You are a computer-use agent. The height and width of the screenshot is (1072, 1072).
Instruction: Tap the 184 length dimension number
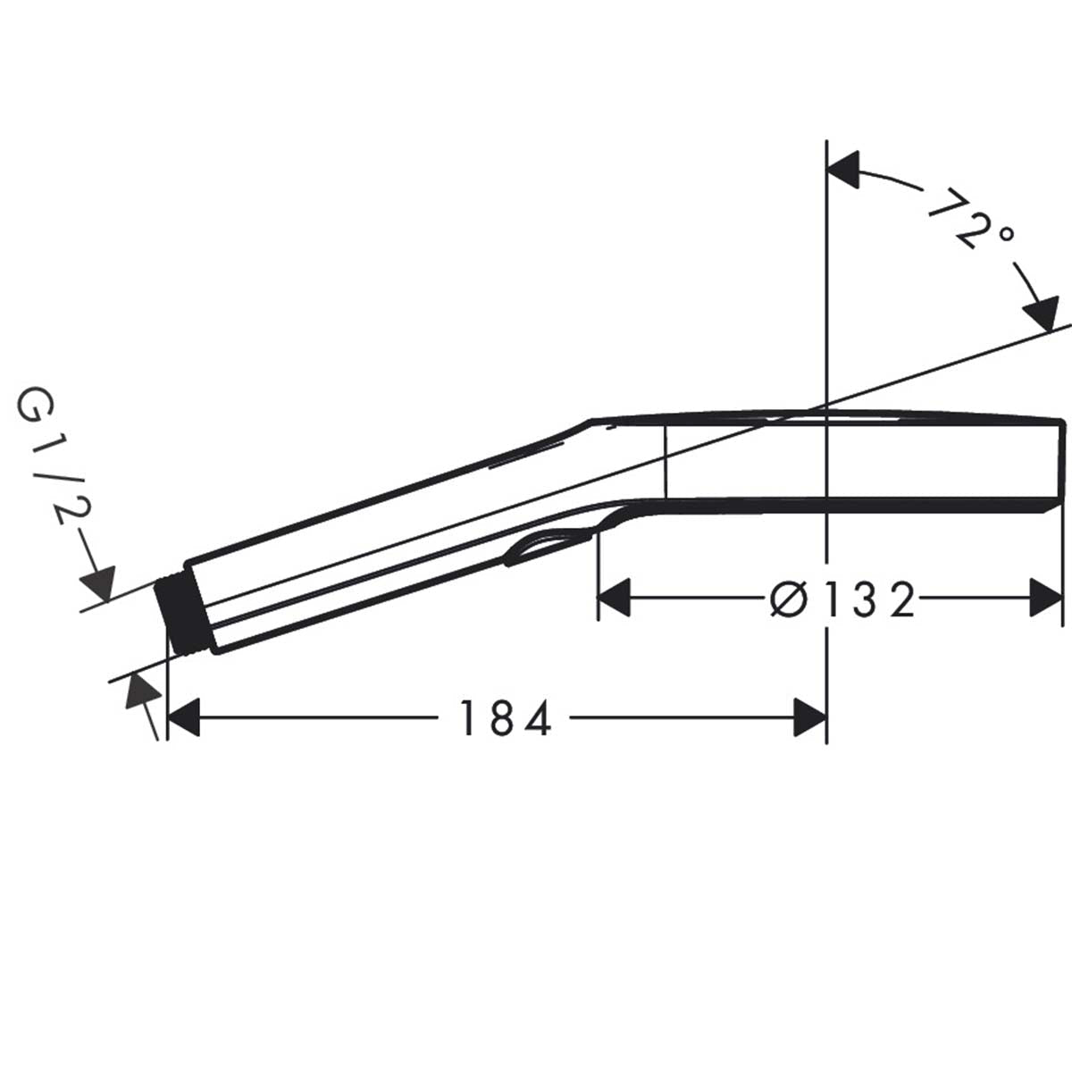505,718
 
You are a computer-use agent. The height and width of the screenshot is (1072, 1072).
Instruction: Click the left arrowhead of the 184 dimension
183,718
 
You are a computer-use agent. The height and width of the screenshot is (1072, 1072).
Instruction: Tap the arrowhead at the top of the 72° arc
844,170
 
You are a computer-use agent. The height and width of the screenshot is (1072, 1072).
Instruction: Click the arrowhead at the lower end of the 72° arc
1042,316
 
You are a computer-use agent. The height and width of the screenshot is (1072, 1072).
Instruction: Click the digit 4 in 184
538,718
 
